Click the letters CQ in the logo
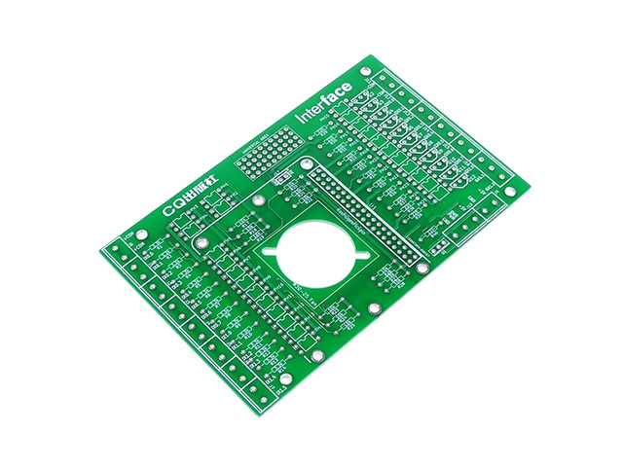pyautogui.click(x=174, y=207)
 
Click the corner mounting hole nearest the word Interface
pyautogui.click(x=366, y=71)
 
